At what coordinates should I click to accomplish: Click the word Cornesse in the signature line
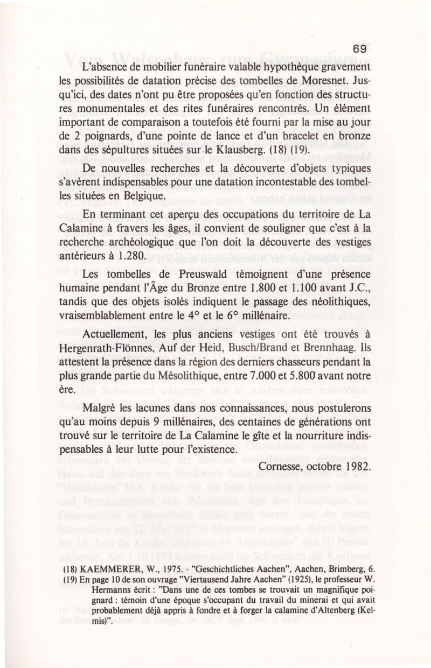[x=280, y=464]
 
